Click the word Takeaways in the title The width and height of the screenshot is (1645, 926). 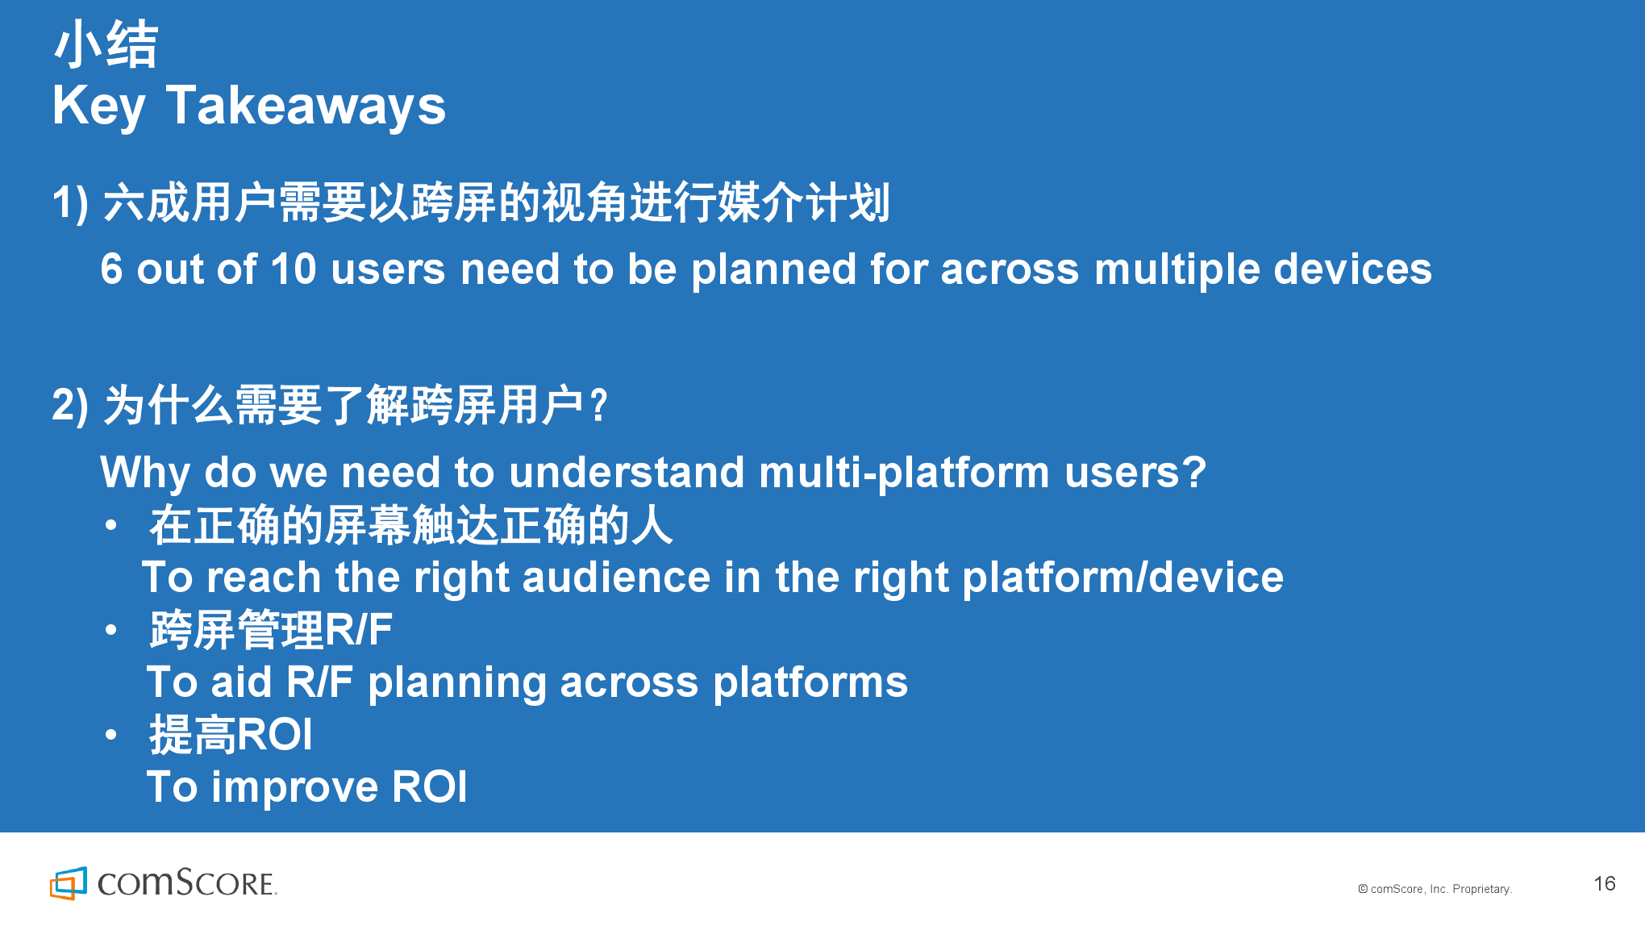[306, 106]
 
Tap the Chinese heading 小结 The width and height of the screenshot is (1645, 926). [106, 44]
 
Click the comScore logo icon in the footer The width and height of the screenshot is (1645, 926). [69, 883]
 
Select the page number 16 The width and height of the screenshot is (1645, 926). [1604, 883]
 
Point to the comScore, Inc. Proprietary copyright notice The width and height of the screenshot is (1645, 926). [1435, 889]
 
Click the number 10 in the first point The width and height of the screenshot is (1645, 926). [294, 269]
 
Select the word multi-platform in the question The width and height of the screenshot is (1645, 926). [904, 473]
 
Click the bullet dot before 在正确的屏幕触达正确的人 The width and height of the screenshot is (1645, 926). [111, 526]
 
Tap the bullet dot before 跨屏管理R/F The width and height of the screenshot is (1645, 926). [111, 630]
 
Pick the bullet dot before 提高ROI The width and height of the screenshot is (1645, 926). [111, 735]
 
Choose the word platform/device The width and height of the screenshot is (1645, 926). [1122, 578]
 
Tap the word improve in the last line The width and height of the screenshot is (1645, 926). [294, 788]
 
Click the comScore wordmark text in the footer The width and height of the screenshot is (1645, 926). [187, 883]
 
